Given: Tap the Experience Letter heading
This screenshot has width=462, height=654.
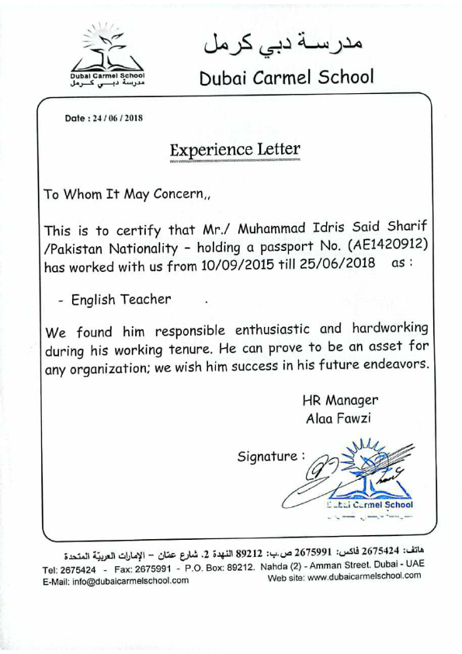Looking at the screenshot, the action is (234, 148).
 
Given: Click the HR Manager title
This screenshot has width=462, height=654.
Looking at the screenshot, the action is (340, 401).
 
